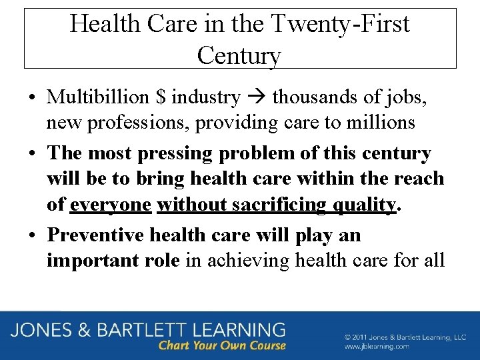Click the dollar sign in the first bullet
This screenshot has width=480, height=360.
tap(160, 97)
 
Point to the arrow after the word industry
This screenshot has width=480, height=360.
tap(256, 98)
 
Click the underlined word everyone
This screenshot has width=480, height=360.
tap(111, 204)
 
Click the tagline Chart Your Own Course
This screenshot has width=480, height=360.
tap(222, 345)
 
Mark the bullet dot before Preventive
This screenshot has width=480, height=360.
tap(32, 235)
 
